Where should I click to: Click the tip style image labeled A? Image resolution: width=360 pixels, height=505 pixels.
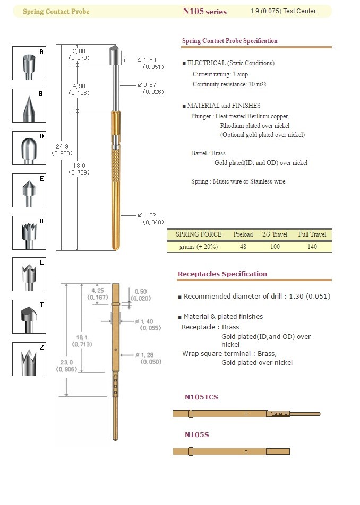[29, 63]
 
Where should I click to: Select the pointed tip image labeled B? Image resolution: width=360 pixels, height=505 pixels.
[29, 106]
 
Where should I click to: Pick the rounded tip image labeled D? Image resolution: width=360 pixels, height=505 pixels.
[29, 148]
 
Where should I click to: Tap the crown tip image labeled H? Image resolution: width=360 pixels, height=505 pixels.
[29, 233]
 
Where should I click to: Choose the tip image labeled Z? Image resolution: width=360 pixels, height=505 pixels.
[29, 359]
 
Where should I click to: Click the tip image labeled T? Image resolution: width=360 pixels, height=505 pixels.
[29, 317]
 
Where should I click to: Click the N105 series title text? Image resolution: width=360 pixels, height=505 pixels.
[204, 12]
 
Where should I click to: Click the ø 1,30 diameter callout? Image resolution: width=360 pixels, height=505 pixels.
[147, 63]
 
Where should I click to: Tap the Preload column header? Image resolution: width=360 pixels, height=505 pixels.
[243, 234]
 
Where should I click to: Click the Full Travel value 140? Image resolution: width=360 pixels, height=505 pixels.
[312, 247]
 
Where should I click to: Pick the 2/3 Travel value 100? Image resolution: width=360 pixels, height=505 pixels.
[275, 247]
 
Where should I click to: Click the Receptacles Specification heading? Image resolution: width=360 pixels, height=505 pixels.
[222, 274]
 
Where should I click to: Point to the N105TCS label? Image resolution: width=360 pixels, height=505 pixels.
[201, 397]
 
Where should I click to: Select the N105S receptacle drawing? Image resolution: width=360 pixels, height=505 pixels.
[231, 451]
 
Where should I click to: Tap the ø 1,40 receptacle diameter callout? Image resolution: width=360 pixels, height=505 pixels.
[148, 325]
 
